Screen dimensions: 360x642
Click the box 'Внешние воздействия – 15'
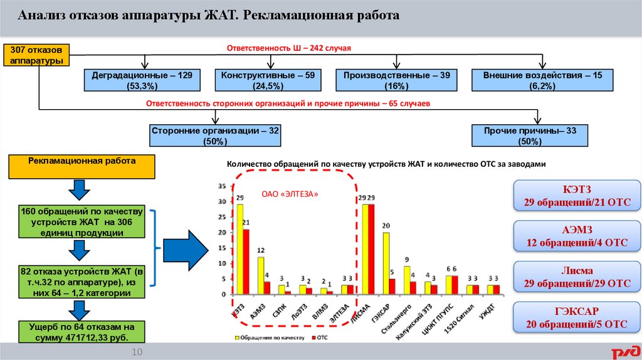pyautogui.click(x=542, y=80)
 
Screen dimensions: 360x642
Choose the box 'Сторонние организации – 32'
pyautogui.click(x=215, y=135)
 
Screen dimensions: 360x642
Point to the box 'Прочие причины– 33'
pyautogui.click(x=530, y=135)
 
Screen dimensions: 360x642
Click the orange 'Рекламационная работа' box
pyautogui.click(x=82, y=166)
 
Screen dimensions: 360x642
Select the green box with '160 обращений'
pyautogui.click(x=82, y=221)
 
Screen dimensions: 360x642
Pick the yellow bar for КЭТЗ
pyautogui.click(x=239, y=249)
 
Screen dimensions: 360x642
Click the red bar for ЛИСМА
pyautogui.click(x=371, y=249)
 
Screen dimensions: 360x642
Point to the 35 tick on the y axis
pyautogui.click(x=221, y=187)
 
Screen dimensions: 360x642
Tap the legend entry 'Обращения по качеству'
pyautogui.click(x=270, y=337)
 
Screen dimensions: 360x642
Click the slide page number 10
pyautogui.click(x=137, y=353)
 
